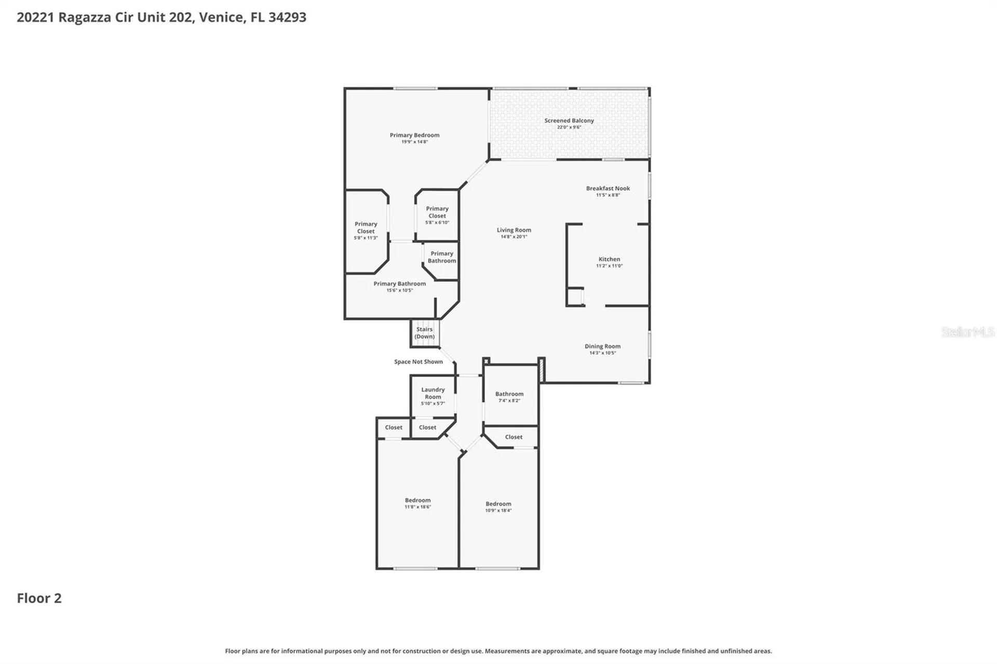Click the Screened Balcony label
[569, 120]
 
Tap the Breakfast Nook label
[608, 188]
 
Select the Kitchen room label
[609, 259]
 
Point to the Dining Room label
[602, 346]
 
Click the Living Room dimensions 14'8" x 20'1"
[514, 237]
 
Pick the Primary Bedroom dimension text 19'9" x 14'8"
[414, 142]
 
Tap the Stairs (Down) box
[425, 333]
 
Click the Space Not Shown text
[419, 362]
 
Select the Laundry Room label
[433, 393]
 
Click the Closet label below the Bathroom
[514, 437]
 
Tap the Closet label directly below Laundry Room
[427, 428]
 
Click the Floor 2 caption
[39, 598]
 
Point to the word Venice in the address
[221, 17]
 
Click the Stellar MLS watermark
[968, 332]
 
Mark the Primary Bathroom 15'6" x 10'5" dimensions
[400, 290]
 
